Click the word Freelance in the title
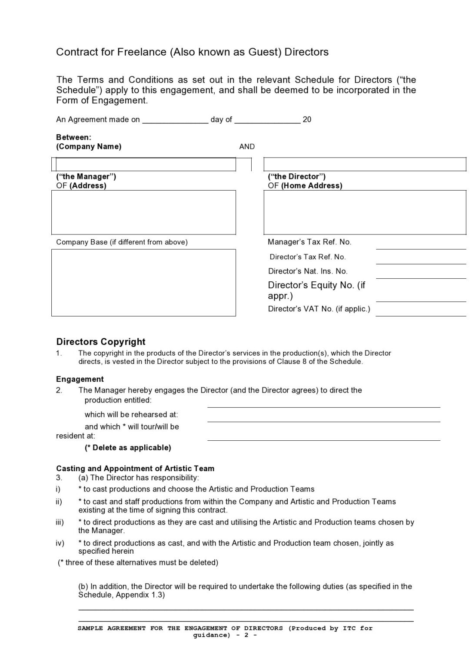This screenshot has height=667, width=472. click(x=141, y=52)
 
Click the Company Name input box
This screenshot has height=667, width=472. click(x=146, y=164)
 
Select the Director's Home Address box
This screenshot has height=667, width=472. click(x=364, y=212)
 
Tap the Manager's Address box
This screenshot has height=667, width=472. click(x=143, y=212)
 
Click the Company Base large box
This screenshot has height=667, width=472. click(x=143, y=282)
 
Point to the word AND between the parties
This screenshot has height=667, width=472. click(x=247, y=147)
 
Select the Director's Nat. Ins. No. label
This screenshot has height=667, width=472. click(x=308, y=271)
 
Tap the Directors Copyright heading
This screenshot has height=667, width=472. click(x=101, y=342)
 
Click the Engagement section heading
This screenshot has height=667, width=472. click(x=80, y=379)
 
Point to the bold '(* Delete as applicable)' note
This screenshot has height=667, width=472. click(x=128, y=448)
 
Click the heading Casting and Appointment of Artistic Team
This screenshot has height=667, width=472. click(x=135, y=469)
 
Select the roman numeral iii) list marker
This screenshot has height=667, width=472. click(x=60, y=522)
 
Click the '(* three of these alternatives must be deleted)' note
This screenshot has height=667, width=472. click(x=138, y=563)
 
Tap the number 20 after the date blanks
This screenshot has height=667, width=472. click(x=307, y=120)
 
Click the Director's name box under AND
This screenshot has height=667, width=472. click(x=364, y=164)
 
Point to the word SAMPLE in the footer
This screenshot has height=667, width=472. click(x=90, y=628)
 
